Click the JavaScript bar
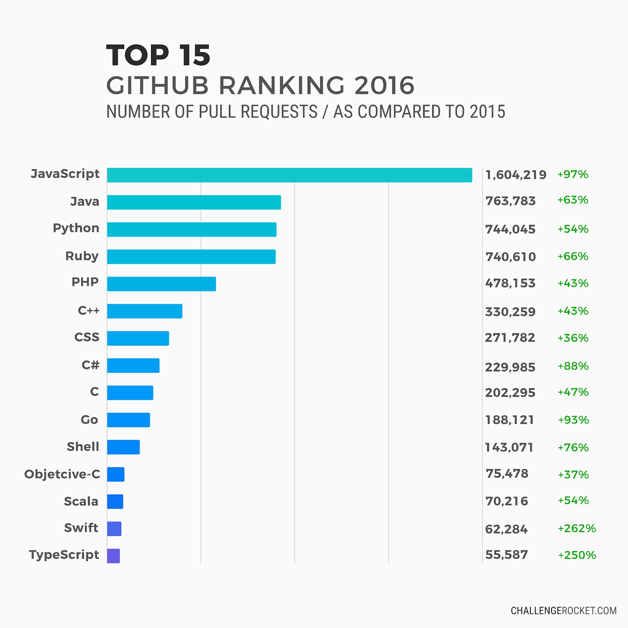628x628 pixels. [x=289, y=175]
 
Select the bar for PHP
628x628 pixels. [x=161, y=284]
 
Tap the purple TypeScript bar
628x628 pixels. [x=113, y=556]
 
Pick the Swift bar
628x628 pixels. [x=114, y=529]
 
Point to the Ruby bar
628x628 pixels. [x=191, y=257]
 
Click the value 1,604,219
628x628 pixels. [x=515, y=175]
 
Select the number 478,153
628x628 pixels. [x=510, y=283]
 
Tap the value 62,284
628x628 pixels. [x=506, y=529]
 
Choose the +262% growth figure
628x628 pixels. [x=577, y=528]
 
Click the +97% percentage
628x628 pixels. [x=573, y=174]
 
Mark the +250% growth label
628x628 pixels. [x=577, y=555]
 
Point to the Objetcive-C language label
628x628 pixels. [x=62, y=474]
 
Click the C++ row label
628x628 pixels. [x=89, y=310]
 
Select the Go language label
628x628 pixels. [x=89, y=420]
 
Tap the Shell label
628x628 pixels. [x=83, y=447]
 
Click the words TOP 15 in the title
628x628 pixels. [x=158, y=55]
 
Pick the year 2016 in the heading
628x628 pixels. [x=384, y=85]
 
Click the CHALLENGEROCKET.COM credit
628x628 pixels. [x=563, y=611]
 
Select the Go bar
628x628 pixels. [x=128, y=420]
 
